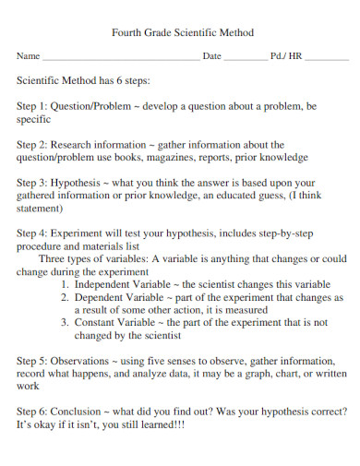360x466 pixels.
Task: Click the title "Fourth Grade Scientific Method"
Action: point(182,32)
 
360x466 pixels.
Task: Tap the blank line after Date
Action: point(246,57)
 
